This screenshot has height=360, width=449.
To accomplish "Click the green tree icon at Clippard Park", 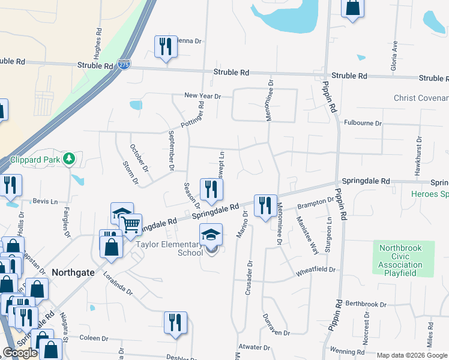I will point(70,159).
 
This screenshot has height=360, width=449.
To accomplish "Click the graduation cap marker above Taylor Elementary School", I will point(211,235).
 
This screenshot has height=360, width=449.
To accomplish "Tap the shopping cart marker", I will point(131,224).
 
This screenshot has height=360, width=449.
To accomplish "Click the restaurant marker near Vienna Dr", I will point(165,47).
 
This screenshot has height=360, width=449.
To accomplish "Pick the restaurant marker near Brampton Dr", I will point(265,206).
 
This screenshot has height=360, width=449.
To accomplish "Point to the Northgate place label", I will point(73,272).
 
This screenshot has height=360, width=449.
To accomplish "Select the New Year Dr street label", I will point(202,96).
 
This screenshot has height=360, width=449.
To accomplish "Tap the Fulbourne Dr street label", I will point(363,123).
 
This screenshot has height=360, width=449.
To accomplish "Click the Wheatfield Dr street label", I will point(315,271).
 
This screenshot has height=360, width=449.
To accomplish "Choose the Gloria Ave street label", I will point(395,54).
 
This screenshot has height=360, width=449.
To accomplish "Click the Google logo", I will point(20,353).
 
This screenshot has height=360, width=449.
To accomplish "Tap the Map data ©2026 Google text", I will point(412,355).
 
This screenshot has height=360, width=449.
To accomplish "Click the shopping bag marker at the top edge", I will point(352,8).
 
